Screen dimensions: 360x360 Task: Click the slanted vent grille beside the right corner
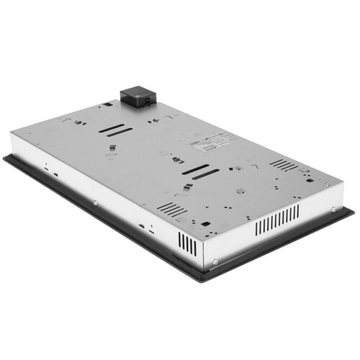[284, 165]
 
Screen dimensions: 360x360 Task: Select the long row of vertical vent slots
[276, 219]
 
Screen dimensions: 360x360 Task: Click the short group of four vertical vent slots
[187, 245]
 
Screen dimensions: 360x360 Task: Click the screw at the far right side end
[333, 208]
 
